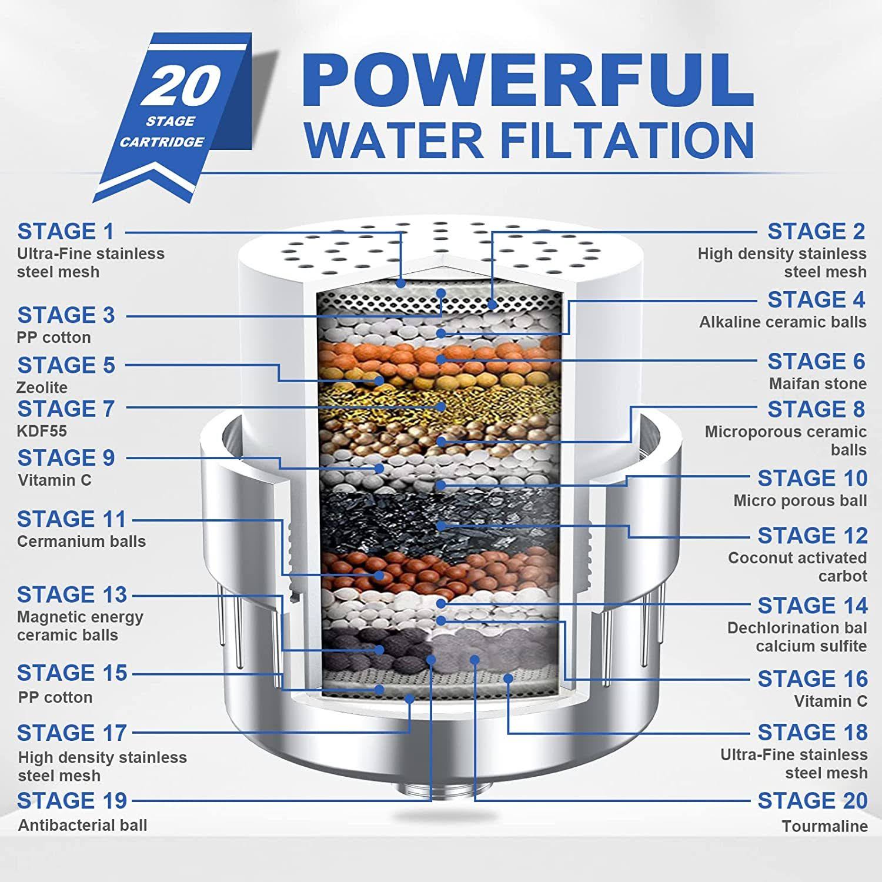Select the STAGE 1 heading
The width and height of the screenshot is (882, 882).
[66, 232]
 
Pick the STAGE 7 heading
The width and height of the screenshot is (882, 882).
[66, 409]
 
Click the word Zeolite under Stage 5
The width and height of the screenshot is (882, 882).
[42, 387]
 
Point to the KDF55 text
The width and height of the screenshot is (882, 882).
[42, 431]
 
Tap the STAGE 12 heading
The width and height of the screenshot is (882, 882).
[812, 536]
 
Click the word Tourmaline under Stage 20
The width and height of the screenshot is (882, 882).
[824, 826]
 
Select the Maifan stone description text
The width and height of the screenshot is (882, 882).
[817, 384]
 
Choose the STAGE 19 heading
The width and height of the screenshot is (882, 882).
[72, 801]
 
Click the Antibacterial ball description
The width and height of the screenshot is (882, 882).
[82, 826]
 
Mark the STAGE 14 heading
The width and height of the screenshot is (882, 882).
[812, 606]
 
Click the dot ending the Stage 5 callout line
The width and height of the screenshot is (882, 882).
[380, 380]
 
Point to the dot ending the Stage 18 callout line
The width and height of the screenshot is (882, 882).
[509, 678]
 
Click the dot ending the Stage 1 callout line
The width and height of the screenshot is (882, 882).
[401, 283]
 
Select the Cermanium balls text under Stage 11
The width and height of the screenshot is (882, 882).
[81, 542]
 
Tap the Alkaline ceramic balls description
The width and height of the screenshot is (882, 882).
[782, 322]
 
